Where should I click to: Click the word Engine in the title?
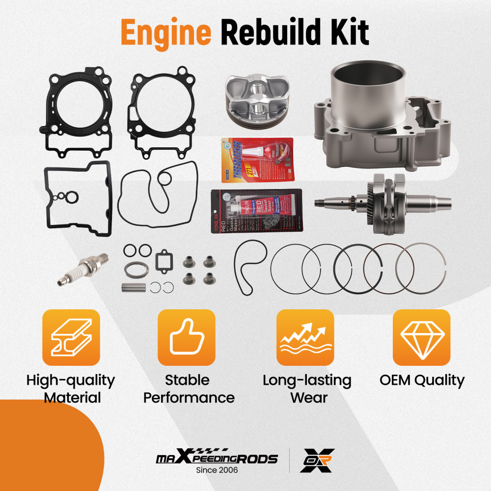[x=166, y=33]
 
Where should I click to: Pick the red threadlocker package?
[x=257, y=160]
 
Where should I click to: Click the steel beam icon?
[x=71, y=337]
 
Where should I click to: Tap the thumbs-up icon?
[x=186, y=337]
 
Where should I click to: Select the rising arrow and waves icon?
[x=305, y=337]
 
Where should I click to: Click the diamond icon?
[x=421, y=337]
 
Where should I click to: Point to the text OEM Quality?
[x=421, y=380]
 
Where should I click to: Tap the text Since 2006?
[x=217, y=470]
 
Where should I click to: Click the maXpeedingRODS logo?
[x=217, y=458]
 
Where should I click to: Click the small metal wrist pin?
[x=133, y=287]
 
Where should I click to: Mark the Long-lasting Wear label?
[x=307, y=388]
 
